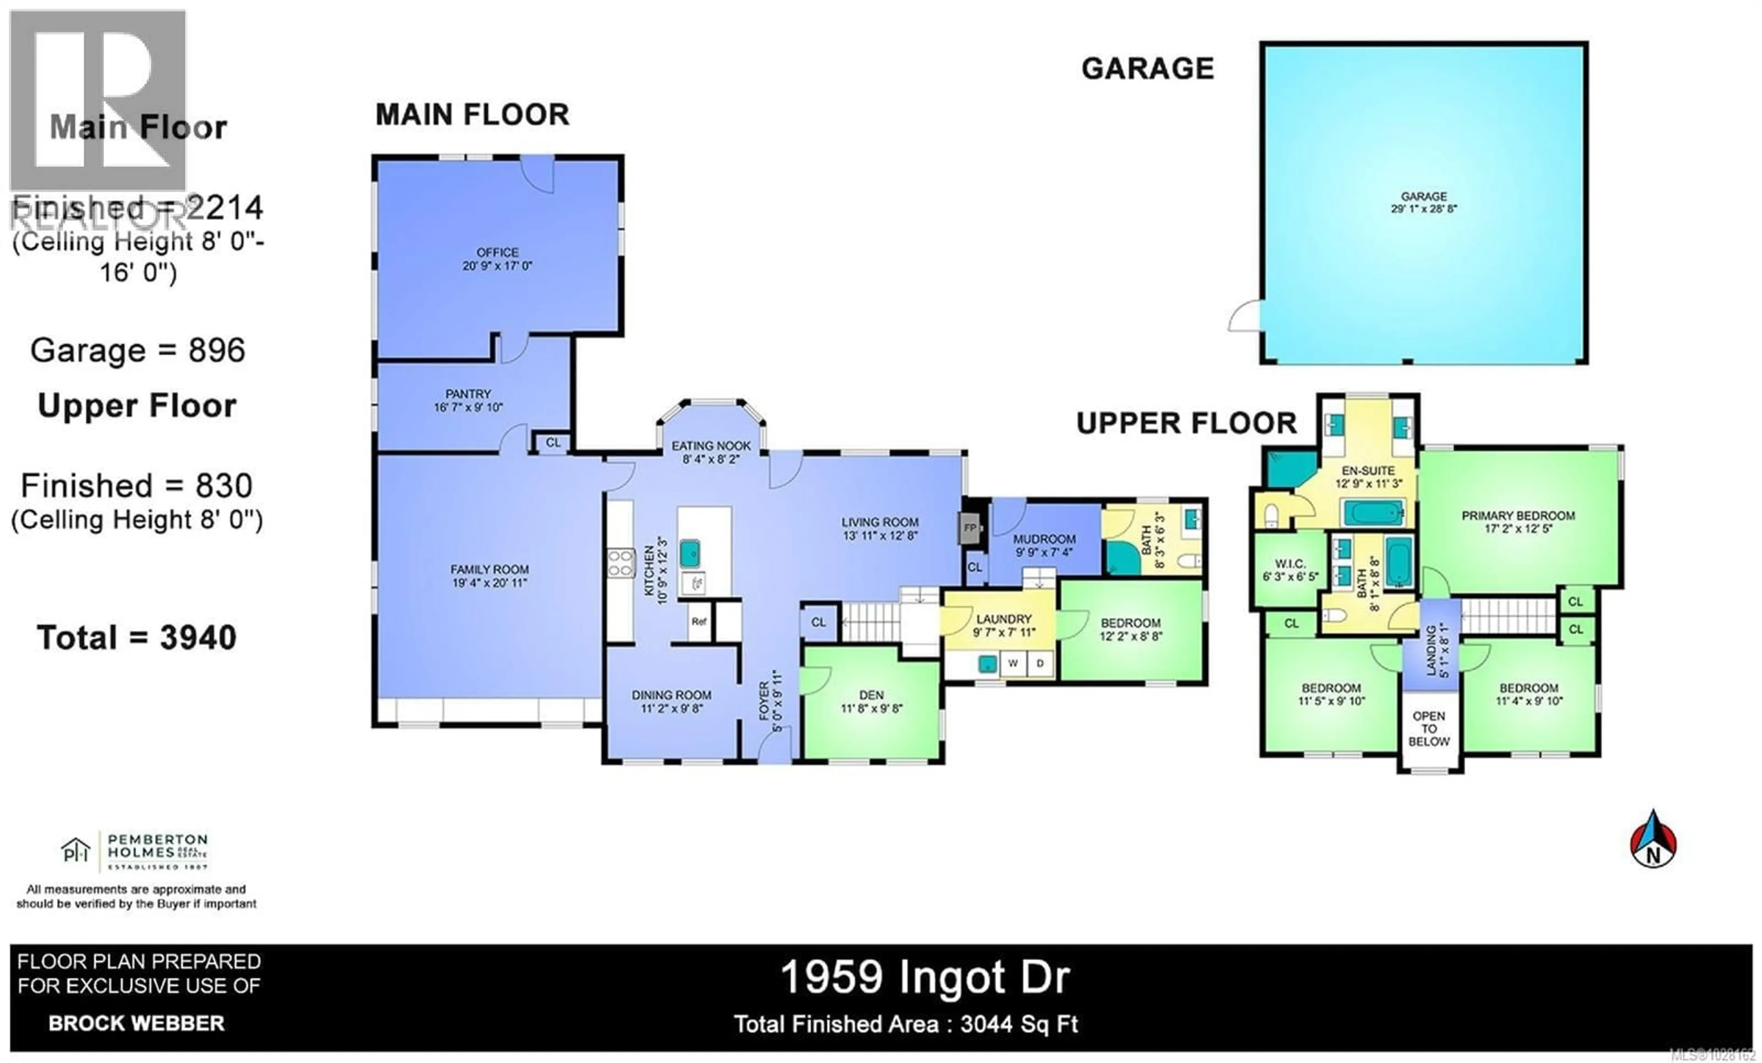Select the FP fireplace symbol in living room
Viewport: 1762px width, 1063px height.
(970, 528)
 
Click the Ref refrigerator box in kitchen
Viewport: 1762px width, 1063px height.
(699, 621)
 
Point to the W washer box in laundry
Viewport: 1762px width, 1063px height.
(1013, 663)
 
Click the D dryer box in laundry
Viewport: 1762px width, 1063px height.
(1040, 663)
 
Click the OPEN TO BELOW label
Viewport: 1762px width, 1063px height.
(1429, 728)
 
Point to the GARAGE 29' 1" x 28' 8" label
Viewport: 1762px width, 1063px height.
(1424, 202)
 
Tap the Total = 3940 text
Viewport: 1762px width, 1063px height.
(137, 638)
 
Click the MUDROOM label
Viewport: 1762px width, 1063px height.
(1044, 539)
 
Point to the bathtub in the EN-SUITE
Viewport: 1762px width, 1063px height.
(1372, 513)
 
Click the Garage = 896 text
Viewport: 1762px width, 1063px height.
(138, 351)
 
